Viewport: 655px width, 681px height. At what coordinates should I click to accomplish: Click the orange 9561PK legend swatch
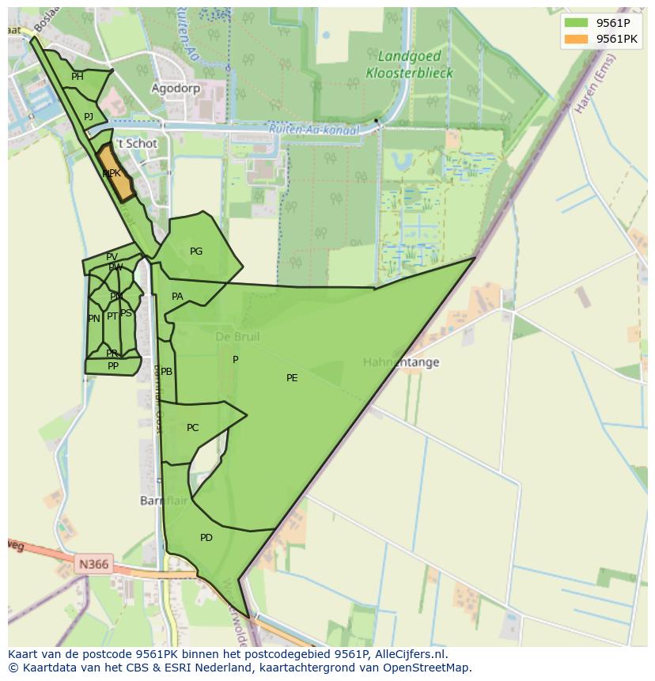click(x=577, y=39)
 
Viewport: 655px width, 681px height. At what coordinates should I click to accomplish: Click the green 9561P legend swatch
click(x=577, y=23)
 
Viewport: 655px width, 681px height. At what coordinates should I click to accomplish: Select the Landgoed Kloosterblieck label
click(x=409, y=65)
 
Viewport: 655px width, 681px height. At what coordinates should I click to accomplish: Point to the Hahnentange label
click(x=401, y=362)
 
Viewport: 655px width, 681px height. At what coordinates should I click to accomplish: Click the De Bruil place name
click(x=237, y=337)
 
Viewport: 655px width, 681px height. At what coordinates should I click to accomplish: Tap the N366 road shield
click(x=93, y=564)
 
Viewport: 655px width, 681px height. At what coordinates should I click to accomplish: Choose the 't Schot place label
click(x=137, y=144)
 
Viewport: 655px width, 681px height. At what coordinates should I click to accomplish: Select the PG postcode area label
click(x=196, y=252)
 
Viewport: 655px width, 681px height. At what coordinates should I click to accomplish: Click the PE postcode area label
click(x=292, y=378)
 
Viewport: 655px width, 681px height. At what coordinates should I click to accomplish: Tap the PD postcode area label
click(x=206, y=538)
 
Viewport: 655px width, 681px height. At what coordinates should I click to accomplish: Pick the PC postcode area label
click(x=193, y=428)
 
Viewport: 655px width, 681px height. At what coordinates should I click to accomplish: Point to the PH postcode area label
click(x=78, y=77)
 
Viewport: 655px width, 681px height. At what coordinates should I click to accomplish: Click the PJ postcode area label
click(x=89, y=117)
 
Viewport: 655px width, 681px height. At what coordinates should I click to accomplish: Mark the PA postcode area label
click(x=177, y=297)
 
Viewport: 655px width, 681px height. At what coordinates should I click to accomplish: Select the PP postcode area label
click(x=113, y=366)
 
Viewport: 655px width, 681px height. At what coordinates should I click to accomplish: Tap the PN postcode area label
click(x=94, y=319)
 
